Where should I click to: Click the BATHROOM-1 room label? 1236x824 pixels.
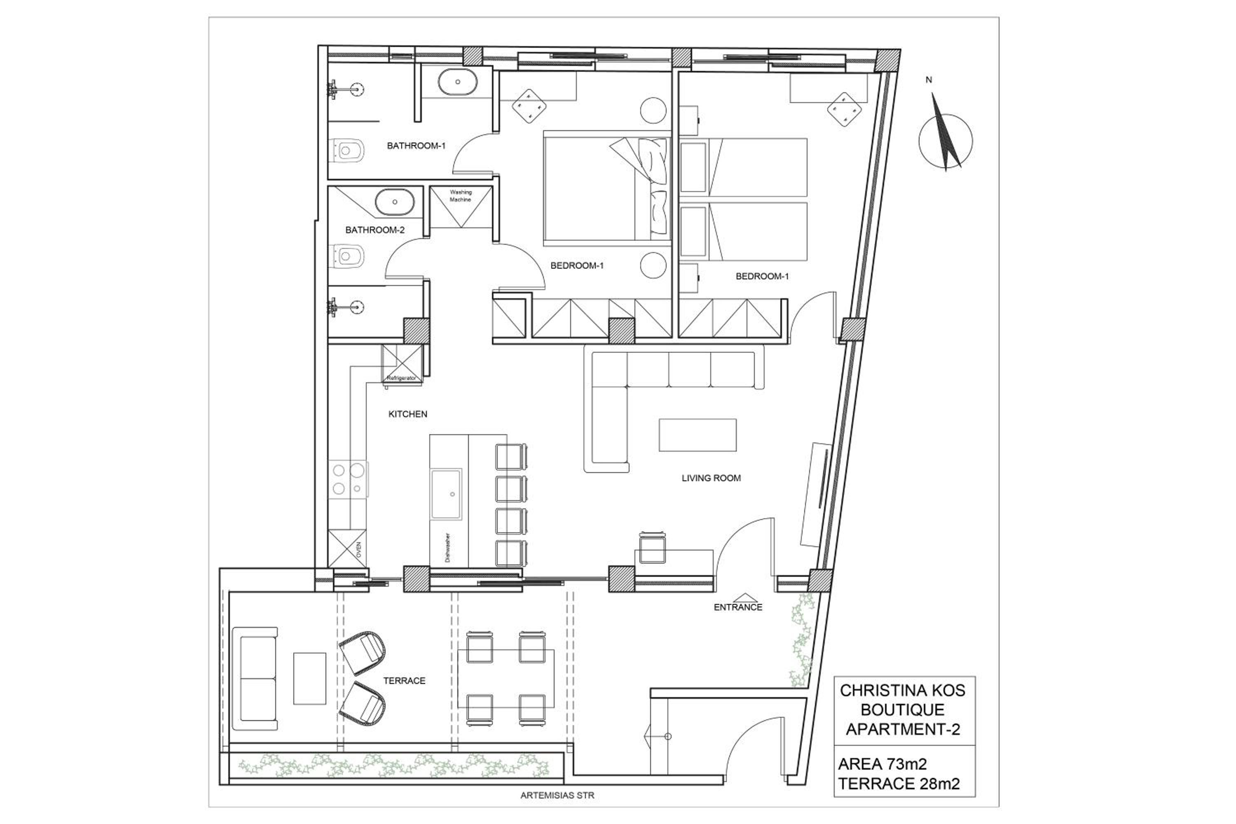(x=416, y=145)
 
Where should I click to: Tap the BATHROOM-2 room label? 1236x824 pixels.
(x=375, y=229)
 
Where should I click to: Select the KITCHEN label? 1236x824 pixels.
(x=408, y=414)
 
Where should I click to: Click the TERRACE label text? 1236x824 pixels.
(x=404, y=681)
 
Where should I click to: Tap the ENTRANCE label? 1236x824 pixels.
(x=738, y=607)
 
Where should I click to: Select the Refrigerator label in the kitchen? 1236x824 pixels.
(x=401, y=378)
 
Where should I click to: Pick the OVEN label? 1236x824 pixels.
(x=359, y=550)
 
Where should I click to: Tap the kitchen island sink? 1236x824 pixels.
(x=446, y=494)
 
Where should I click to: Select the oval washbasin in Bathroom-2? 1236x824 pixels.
(x=395, y=202)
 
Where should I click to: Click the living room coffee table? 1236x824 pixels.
(x=698, y=435)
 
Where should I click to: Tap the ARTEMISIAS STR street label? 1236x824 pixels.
(x=557, y=796)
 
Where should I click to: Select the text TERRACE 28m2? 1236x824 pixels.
(x=899, y=784)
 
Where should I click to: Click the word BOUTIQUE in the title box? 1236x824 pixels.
(x=902, y=710)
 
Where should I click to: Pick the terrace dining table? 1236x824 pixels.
(x=506, y=679)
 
